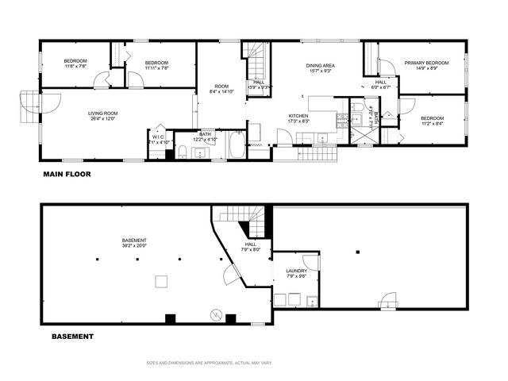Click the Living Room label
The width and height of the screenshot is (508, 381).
pyautogui.click(x=103, y=113)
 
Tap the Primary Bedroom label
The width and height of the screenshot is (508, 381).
pyautogui.click(x=426, y=63)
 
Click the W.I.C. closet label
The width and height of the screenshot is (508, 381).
pyautogui.click(x=158, y=137)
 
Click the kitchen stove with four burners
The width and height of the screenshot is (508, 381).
pyautogui.click(x=342, y=121)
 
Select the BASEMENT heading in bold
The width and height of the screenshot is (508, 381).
pyautogui.click(x=72, y=337)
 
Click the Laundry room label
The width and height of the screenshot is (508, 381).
pyautogui.click(x=296, y=271)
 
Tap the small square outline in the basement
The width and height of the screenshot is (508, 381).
pyautogui.click(x=161, y=280)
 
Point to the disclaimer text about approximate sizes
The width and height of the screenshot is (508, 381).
pyautogui.click(x=210, y=363)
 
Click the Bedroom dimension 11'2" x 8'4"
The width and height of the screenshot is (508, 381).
pyautogui.click(x=433, y=123)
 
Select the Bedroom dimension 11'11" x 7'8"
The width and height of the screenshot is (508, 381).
pyautogui.click(x=157, y=68)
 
